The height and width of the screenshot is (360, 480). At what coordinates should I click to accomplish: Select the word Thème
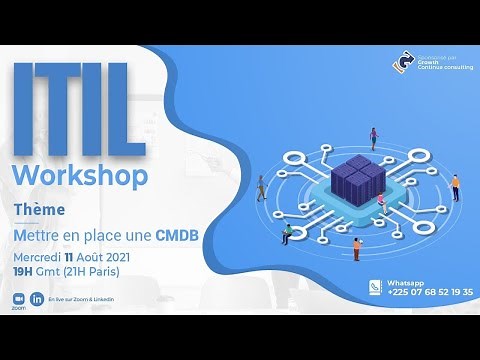point(40,210)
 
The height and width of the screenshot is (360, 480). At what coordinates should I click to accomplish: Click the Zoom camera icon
point(17,298)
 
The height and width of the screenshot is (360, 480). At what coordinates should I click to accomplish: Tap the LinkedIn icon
point(38,298)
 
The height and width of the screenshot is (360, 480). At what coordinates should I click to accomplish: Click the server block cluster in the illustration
point(357,179)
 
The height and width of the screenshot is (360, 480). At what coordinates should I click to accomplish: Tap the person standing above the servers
point(374,137)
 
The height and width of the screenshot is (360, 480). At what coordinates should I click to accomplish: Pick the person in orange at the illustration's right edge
point(455,187)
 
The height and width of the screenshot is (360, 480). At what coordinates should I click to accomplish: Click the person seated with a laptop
point(289,233)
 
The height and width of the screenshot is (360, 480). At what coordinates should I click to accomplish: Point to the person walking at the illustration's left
point(262,187)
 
